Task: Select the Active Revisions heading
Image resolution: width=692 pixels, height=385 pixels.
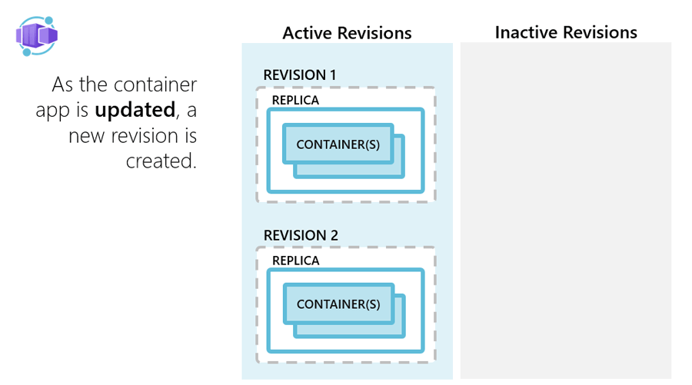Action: pyautogui.click(x=347, y=33)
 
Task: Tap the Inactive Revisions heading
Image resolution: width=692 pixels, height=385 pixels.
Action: pyautogui.click(x=566, y=32)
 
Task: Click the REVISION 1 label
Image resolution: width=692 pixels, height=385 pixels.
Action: pyautogui.click(x=300, y=75)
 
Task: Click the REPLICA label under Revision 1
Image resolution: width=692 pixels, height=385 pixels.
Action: pyautogui.click(x=295, y=100)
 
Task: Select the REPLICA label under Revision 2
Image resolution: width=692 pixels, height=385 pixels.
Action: pyautogui.click(x=295, y=261)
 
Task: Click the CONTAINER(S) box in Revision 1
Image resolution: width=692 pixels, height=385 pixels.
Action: pyautogui.click(x=338, y=144)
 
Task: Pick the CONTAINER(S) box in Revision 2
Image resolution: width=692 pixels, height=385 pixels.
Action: pyautogui.click(x=338, y=304)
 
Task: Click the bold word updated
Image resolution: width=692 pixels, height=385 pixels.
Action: pyautogui.click(x=133, y=110)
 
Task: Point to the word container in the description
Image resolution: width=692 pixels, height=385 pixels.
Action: pyautogui.click(x=157, y=84)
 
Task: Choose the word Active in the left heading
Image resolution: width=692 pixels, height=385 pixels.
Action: pyautogui.click(x=305, y=33)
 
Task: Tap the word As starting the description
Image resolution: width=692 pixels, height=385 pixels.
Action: pyautogui.click(x=63, y=84)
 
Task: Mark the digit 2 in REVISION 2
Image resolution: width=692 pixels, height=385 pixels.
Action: pyautogui.click(x=334, y=235)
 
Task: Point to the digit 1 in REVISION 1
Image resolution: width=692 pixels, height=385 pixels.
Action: pyautogui.click(x=332, y=75)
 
